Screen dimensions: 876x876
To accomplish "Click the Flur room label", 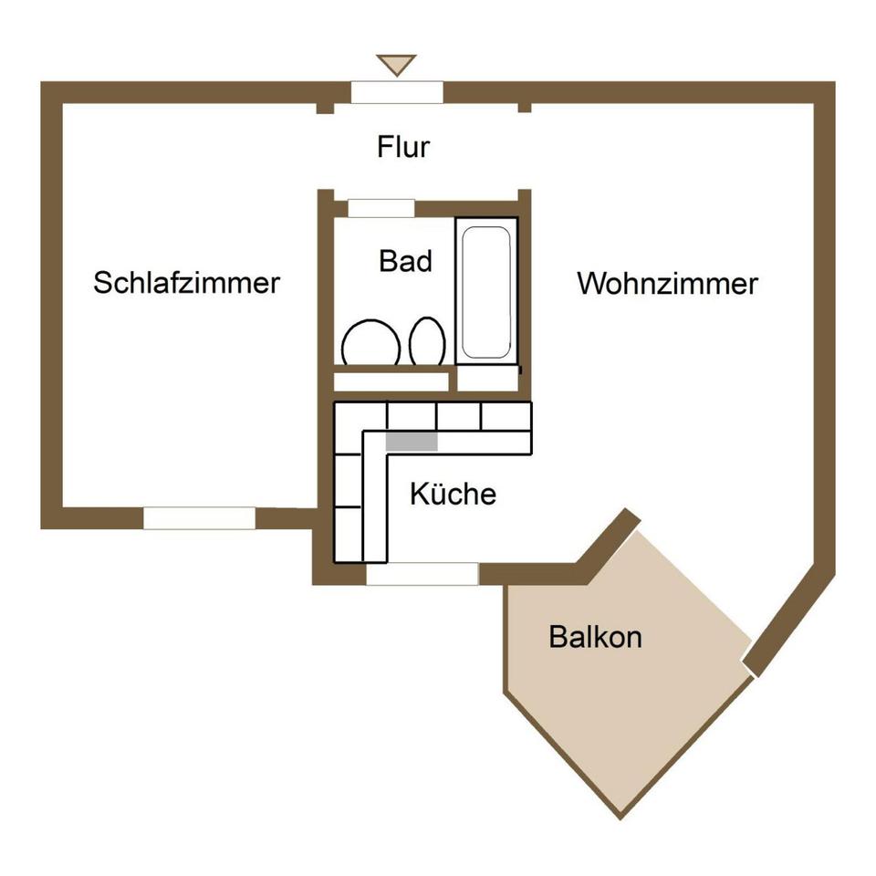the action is click(x=403, y=147).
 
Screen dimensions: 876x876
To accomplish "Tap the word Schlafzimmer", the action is click(x=186, y=283).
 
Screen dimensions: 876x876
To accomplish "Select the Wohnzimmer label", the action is click(x=667, y=284).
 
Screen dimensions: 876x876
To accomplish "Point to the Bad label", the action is click(x=405, y=262).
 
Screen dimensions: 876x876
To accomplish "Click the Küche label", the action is click(x=453, y=495).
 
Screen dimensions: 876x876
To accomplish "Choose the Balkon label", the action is click(x=595, y=637).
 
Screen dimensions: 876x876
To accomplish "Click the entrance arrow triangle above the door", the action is click(x=396, y=65).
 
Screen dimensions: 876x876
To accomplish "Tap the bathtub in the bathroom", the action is click(x=485, y=292).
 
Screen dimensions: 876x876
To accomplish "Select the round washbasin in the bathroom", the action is click(x=370, y=344).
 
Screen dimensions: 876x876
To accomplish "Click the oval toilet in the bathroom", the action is click(x=427, y=342).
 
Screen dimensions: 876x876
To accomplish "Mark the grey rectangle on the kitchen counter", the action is click(x=412, y=441).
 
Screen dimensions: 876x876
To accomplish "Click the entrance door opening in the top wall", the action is click(x=397, y=92).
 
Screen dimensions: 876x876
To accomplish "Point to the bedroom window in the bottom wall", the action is click(x=199, y=518).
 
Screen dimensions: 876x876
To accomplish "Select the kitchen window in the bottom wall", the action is click(x=422, y=574).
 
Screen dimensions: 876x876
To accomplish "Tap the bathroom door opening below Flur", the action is click(x=381, y=208).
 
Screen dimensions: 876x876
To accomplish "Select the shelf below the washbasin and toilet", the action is click(x=391, y=381).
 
